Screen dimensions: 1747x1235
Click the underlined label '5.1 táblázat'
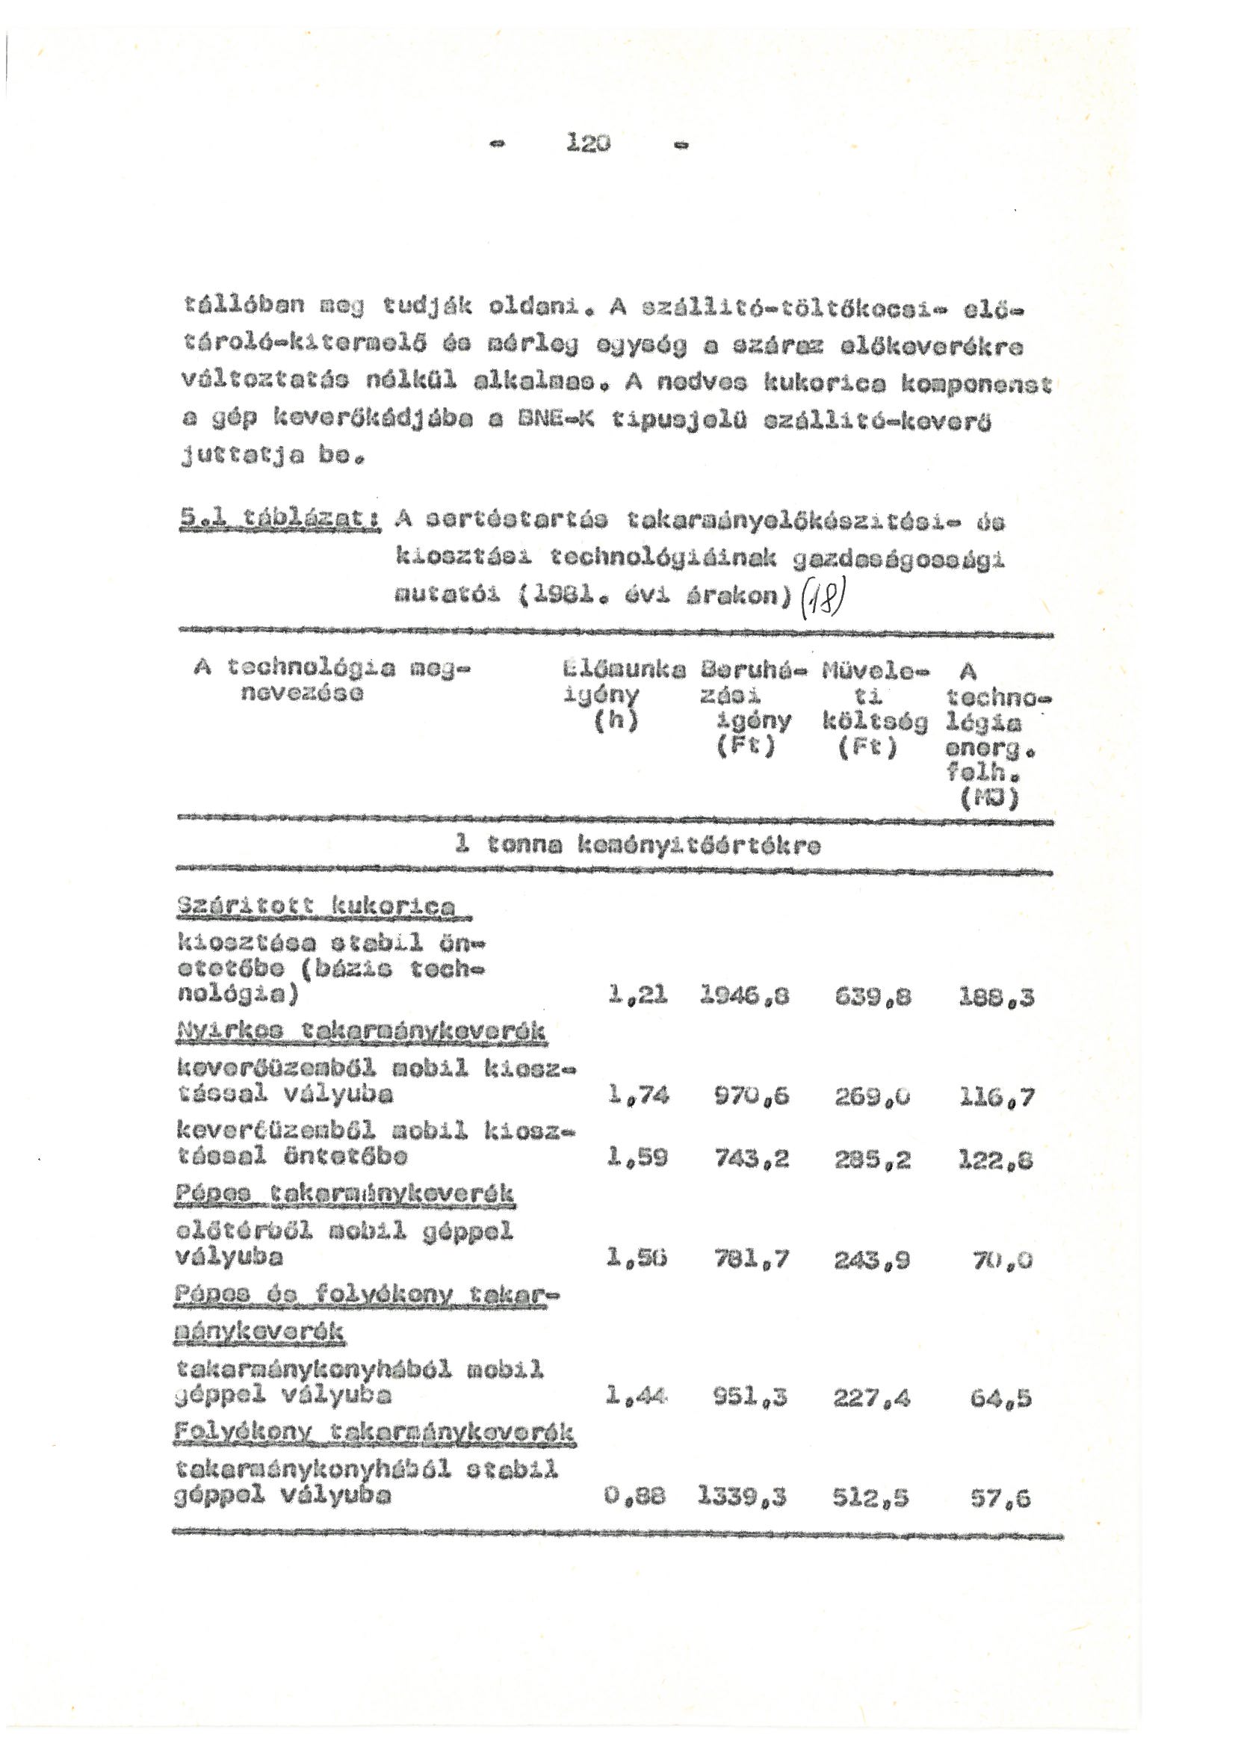(280, 524)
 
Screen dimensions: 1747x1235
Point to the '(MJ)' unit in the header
(988, 798)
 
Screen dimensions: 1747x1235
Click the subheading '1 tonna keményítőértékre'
(636, 846)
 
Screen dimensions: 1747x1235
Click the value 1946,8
(743, 997)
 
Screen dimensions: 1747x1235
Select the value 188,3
(996, 997)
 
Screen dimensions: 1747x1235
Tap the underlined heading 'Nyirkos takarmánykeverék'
(361, 1032)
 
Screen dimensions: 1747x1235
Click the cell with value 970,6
(750, 1096)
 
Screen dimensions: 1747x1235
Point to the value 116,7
(996, 1096)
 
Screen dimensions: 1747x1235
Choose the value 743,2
(750, 1160)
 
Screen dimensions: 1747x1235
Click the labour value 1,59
(637, 1160)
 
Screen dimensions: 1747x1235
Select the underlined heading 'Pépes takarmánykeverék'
(344, 1195)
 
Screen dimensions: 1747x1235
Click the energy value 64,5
(1002, 1399)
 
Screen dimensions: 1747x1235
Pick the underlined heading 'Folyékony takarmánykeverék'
(374, 1433)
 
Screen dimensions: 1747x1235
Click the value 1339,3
(742, 1497)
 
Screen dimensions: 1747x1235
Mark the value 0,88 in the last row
(636, 1497)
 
